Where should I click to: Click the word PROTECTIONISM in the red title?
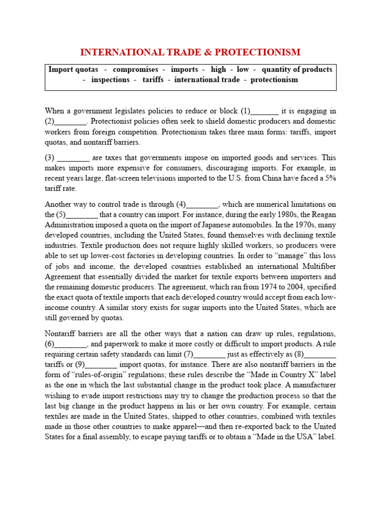tap(260, 52)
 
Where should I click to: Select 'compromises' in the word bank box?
tap(135, 69)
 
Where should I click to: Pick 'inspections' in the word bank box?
tap(110, 80)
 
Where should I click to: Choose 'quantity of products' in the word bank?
tap(297, 69)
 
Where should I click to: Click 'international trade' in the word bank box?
tap(207, 80)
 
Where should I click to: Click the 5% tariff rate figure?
tap(330, 179)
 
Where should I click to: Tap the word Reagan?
tap(322, 215)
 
